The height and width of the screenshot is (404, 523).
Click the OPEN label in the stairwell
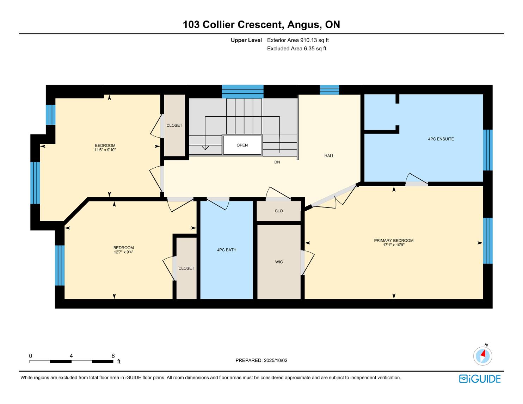pyautogui.click(x=242, y=145)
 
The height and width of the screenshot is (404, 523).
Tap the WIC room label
pyautogui.click(x=279, y=262)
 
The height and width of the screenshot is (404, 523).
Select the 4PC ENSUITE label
pyautogui.click(x=441, y=139)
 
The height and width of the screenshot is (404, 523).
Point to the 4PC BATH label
pyautogui.click(x=227, y=250)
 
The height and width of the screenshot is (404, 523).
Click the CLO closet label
pyautogui.click(x=279, y=211)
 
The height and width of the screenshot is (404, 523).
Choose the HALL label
pyautogui.click(x=329, y=156)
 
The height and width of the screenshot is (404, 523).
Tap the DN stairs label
pyautogui.click(x=277, y=162)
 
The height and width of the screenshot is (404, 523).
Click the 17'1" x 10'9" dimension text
pyautogui.click(x=394, y=245)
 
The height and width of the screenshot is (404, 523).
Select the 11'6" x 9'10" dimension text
pyautogui.click(x=105, y=150)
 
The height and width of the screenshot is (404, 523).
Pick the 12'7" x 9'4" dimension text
pyautogui.click(x=123, y=252)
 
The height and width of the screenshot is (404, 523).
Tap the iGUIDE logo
pyautogui.click(x=480, y=379)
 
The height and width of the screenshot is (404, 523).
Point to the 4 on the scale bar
pyautogui.click(x=71, y=356)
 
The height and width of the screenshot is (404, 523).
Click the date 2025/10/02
pyautogui.click(x=276, y=360)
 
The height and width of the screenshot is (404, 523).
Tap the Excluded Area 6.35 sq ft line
pyautogui.click(x=296, y=49)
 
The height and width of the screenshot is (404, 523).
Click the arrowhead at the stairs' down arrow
pyautogui.click(x=205, y=148)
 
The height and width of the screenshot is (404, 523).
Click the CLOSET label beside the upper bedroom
pyautogui.click(x=174, y=125)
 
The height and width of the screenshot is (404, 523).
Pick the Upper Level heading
pyautogui.click(x=246, y=40)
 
